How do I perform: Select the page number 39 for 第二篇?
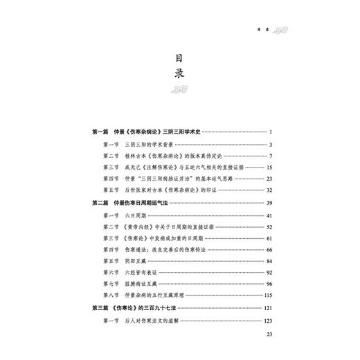coord(272,201)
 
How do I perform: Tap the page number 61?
coord(272,242)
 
